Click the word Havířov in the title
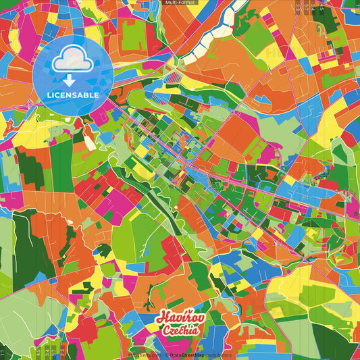[177, 318]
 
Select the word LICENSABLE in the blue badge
[72, 95]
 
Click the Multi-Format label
[180, 3]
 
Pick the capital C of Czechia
[165, 330]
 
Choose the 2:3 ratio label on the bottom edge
[46, 351]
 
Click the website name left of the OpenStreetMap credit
[145, 355]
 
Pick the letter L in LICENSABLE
[49, 95]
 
